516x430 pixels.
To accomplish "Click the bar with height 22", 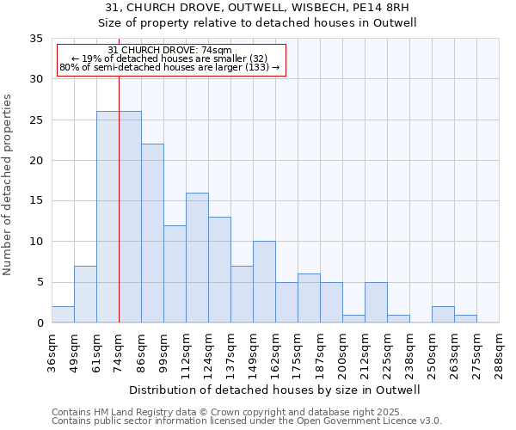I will [x=152, y=233].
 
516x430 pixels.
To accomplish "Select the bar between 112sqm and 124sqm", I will [x=197, y=258].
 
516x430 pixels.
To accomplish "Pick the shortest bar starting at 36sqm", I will [x=63, y=315].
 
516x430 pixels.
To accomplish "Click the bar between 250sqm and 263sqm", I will [x=443, y=315].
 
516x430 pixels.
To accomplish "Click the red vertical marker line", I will [x=119, y=215].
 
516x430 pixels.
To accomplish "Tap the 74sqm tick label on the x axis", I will [x=119, y=348].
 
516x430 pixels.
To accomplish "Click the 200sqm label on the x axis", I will [x=342, y=351].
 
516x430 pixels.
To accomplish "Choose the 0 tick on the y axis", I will [x=40, y=323].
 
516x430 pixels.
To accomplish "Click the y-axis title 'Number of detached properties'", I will [x=9, y=185].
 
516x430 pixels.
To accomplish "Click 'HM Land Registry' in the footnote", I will [x=121, y=412].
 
